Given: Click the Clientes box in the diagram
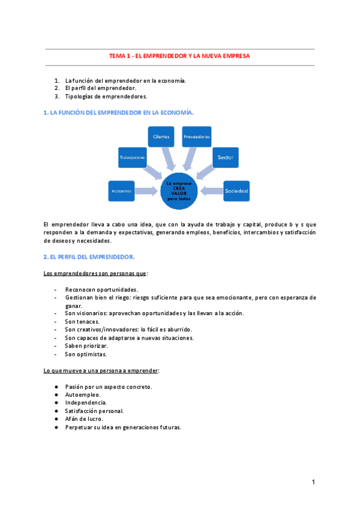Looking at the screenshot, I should [x=161, y=137].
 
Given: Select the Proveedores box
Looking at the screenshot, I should [x=197, y=137].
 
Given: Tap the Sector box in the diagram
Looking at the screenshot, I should [x=226, y=158].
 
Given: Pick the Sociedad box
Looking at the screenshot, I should [x=236, y=191].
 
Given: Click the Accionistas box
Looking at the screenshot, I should [x=121, y=191].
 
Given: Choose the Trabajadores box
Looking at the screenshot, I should [x=133, y=158].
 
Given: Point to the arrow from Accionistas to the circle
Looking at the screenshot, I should [x=147, y=191].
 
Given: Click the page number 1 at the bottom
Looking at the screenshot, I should [x=313, y=482].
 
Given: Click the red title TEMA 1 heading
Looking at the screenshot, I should [x=179, y=56].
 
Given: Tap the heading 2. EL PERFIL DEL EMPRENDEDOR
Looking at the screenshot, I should [x=89, y=257].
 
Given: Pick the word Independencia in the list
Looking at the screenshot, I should [x=86, y=403].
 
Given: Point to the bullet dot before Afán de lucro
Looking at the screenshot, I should [x=56, y=419].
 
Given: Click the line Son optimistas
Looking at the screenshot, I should [x=86, y=354].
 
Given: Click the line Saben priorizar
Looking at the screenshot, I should [x=86, y=346].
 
